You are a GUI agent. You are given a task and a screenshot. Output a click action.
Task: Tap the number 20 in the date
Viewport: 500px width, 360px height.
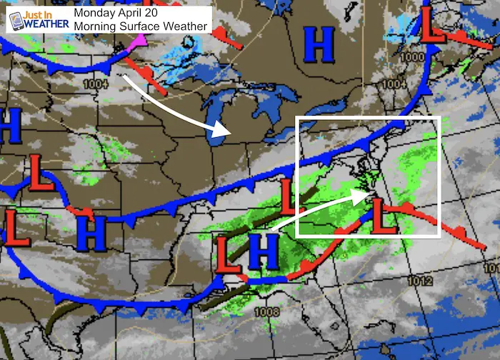(x=159, y=12)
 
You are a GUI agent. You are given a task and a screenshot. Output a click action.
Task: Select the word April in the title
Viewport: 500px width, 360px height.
(x=136, y=12)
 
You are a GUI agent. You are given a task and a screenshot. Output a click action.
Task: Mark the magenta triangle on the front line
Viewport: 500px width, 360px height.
(x=136, y=45)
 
